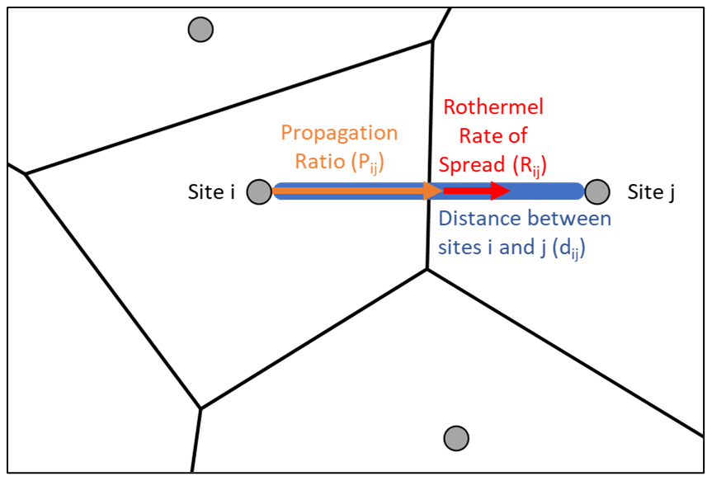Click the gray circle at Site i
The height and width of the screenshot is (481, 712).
point(259,192)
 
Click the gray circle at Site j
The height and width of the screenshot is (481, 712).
point(597,192)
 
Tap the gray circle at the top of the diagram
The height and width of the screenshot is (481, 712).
point(200,31)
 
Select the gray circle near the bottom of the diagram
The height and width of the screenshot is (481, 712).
point(455,437)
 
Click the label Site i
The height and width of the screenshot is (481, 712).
point(211,192)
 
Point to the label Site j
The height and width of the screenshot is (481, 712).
point(651,192)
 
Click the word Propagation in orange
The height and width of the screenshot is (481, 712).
point(339,133)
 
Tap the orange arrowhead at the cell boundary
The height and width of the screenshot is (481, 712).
point(432,191)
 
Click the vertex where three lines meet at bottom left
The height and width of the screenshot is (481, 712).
point(200,408)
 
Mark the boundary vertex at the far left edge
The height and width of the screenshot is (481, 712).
point(26,173)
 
